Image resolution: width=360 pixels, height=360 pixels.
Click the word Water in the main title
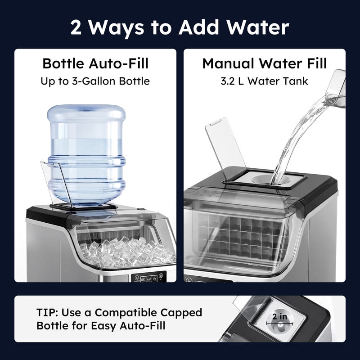coord(257,27)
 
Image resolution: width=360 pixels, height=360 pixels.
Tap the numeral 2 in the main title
coord(76,27)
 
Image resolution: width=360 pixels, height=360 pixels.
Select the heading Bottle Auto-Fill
coord(95,63)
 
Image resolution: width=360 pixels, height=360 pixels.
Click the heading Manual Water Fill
coord(265,63)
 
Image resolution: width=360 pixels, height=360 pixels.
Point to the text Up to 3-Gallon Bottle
coord(95,81)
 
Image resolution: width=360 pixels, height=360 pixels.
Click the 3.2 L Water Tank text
coord(264,81)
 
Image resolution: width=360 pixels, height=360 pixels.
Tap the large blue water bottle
coord(86,154)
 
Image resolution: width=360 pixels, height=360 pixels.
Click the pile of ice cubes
coord(126,252)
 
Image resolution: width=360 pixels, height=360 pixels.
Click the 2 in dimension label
coord(279,317)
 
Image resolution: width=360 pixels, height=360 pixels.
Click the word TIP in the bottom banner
coord(48,312)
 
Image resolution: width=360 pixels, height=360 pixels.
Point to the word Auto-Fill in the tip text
coord(142,326)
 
